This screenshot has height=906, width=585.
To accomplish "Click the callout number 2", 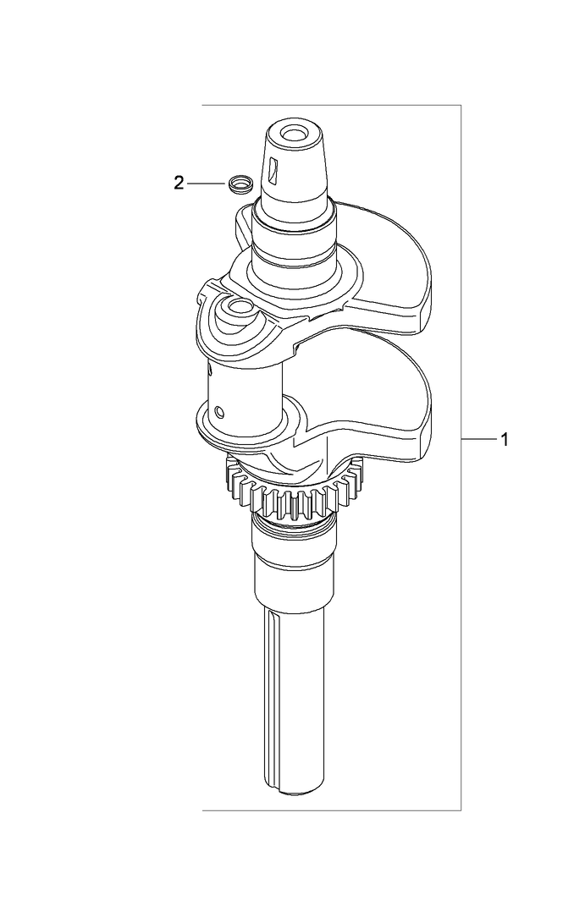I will click(x=179, y=183).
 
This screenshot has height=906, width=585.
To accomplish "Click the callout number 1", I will click(x=505, y=439).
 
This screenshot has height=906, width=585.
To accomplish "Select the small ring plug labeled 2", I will click(x=240, y=184).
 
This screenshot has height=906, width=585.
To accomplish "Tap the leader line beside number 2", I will click(x=206, y=183).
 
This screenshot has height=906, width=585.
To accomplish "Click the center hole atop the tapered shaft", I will click(x=294, y=134).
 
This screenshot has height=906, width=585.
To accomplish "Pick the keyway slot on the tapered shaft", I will click(x=272, y=172).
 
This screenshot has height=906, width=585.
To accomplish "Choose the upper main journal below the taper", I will click(x=292, y=254).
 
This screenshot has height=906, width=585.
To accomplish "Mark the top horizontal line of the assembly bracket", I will click(x=330, y=106).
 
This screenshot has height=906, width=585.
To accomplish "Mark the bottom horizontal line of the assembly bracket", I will click(x=330, y=810).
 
